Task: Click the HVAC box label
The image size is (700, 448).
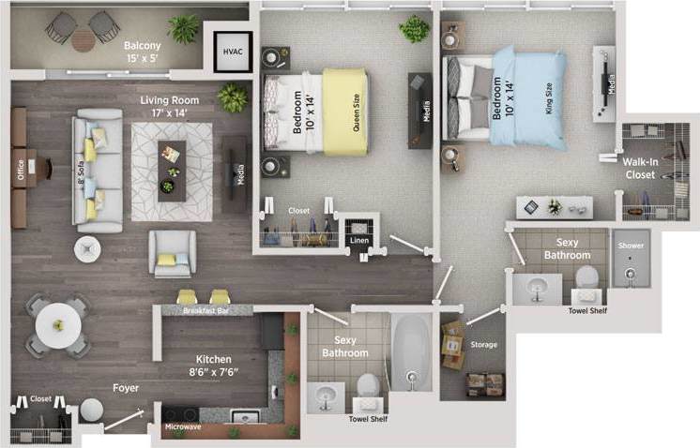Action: pyautogui.click(x=230, y=51)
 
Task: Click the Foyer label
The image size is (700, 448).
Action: pyautogui.click(x=126, y=386)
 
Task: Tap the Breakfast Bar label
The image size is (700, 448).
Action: pyautogui.click(x=204, y=310)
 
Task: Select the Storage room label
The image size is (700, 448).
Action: pyautogui.click(x=484, y=345)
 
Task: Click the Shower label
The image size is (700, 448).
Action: pyautogui.click(x=631, y=246)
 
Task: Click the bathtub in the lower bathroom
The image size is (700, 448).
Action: pyautogui.click(x=409, y=354)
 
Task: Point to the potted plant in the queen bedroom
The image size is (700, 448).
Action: pyautogui.click(x=413, y=29)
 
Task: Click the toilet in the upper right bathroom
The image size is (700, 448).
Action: pyautogui.click(x=586, y=278)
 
